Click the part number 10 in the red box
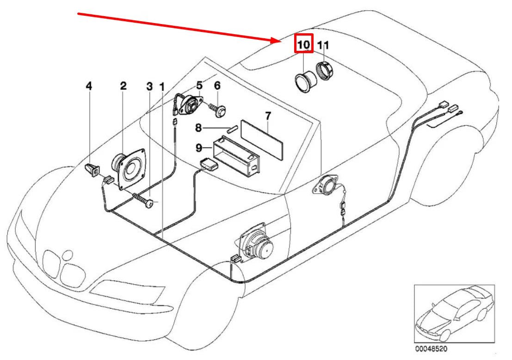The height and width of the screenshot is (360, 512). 303,45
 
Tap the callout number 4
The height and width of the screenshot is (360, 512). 89,86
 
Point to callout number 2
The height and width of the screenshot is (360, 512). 123,86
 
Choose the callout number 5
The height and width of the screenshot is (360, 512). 199,85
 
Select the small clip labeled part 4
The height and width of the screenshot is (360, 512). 93,169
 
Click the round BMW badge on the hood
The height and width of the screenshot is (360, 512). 68,255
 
